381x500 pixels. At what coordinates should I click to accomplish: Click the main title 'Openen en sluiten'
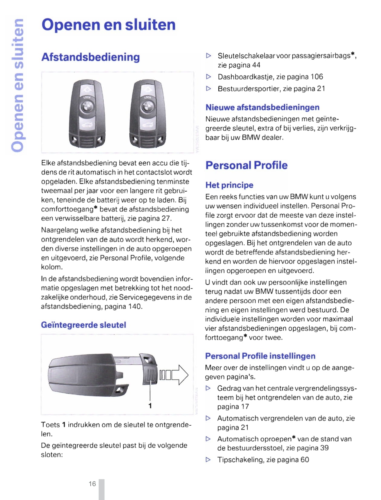coord(108,25)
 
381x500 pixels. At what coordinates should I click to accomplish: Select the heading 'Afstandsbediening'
coord(90,57)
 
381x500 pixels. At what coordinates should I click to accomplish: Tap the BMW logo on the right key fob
coord(148,107)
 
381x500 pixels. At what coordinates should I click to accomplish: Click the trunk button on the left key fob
coord(87,124)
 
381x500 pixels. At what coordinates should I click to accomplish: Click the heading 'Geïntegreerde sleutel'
coord(83,325)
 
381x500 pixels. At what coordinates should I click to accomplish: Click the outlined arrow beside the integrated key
coord(180,375)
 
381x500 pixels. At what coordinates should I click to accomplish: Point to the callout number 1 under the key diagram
coord(150,406)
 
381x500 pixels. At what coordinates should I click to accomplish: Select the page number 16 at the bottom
coord(92,484)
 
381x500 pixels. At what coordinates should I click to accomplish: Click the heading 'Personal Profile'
coord(246,165)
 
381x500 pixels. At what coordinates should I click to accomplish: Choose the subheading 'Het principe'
coord(229,185)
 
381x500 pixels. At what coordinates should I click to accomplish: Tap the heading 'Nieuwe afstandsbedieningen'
coord(262,107)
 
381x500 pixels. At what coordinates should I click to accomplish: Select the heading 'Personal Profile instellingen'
coord(260,356)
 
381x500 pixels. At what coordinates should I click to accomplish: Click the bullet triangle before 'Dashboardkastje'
coord(208,77)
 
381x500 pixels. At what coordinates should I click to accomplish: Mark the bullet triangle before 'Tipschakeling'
coord(208,460)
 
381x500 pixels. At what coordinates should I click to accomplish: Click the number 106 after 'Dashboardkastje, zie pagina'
coord(317,77)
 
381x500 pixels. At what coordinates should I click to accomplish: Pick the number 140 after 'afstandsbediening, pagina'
coord(135,307)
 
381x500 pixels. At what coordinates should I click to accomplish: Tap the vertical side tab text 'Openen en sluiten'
coord(18,85)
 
